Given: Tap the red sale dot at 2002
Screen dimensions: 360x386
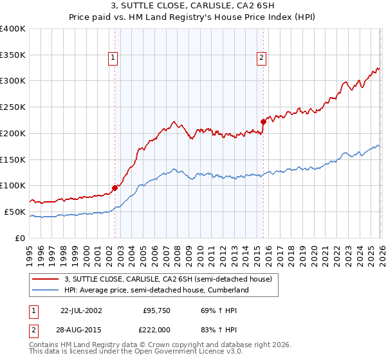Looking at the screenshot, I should [x=115, y=188].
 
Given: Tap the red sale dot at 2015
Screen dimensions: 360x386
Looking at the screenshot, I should [x=263, y=121].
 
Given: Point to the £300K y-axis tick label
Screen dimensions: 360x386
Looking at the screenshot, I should [x=13, y=81].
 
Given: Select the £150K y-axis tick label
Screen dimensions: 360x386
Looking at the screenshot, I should [x=13, y=159].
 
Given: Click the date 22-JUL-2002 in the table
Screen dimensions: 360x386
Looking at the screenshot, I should [x=80, y=310].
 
